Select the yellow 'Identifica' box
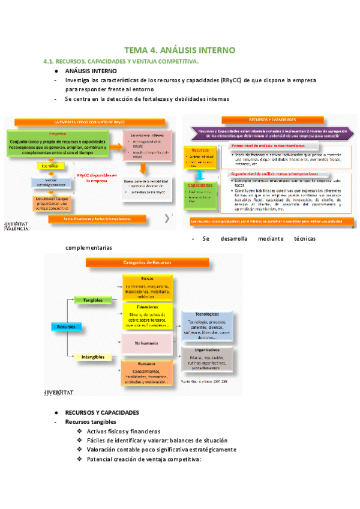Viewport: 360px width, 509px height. (x=49, y=165)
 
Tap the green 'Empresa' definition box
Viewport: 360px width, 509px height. (x=58, y=145)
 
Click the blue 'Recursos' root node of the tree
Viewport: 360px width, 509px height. (x=63, y=327)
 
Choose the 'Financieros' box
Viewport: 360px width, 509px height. (x=147, y=316)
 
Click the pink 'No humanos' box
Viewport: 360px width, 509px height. (x=147, y=343)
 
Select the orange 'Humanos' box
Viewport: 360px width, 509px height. (x=147, y=372)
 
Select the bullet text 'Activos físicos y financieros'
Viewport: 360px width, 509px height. (x=124, y=432)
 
